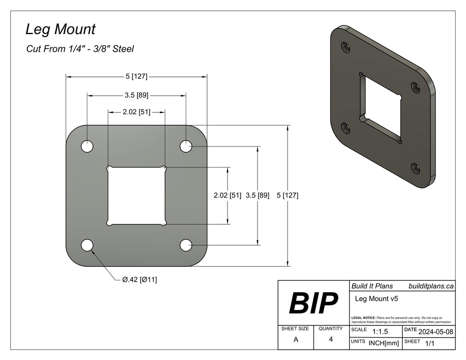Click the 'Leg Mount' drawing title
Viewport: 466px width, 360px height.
(x=60, y=30)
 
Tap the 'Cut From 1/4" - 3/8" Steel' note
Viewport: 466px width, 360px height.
(x=80, y=49)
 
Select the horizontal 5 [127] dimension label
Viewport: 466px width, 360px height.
(x=136, y=76)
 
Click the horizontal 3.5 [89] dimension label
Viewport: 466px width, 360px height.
(x=136, y=96)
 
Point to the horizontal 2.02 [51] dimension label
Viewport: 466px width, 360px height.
(x=136, y=112)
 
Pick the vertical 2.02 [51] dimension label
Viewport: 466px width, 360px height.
(x=228, y=196)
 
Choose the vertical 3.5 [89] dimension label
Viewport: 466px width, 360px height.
(x=258, y=196)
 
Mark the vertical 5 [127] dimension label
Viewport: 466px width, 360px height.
(x=288, y=196)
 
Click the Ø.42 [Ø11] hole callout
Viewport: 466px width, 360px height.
(x=140, y=279)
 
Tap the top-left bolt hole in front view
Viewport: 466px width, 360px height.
(x=87, y=147)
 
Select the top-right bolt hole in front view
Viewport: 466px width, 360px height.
(x=186, y=146)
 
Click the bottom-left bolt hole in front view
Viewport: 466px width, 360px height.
(x=87, y=245)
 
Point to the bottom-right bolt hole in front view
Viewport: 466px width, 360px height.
(x=186, y=245)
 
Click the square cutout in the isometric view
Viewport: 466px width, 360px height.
(x=381, y=107)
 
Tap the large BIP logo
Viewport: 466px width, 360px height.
(x=314, y=303)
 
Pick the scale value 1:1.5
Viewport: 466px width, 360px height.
(x=380, y=332)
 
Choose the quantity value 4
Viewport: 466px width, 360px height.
(x=331, y=339)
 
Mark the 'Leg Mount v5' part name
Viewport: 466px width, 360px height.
(x=375, y=299)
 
